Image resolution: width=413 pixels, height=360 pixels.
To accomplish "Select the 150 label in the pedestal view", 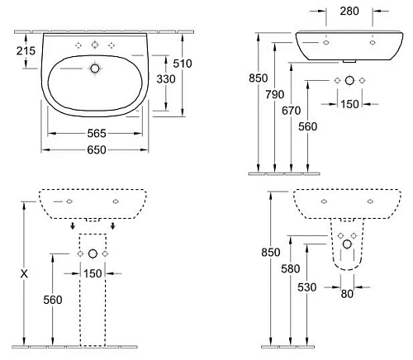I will [x=93, y=273].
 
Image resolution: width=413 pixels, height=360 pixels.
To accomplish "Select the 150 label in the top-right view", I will [x=349, y=104].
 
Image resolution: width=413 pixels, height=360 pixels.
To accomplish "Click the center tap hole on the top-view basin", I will [x=93, y=44].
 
